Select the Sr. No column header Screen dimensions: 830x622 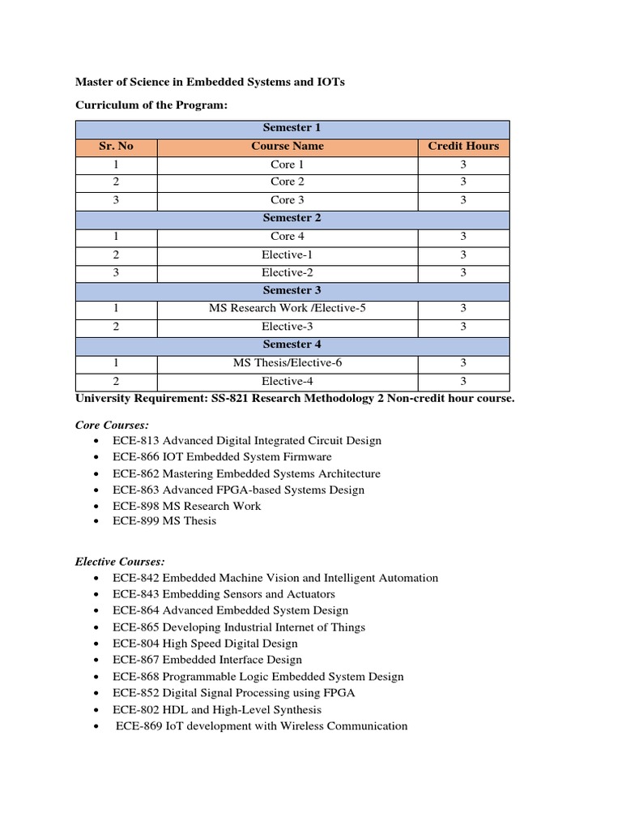point(116,146)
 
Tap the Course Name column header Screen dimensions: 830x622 point(288,146)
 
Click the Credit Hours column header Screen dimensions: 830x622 point(463,146)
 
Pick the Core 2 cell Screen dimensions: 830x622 point(288,182)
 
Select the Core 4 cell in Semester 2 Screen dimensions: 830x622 point(288,236)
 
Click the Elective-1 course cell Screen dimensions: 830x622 point(288,254)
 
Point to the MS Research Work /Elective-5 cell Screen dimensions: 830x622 point(288,308)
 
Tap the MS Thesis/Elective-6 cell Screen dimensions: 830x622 point(288,362)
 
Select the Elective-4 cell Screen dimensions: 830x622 point(288,380)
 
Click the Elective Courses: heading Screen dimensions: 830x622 point(120,561)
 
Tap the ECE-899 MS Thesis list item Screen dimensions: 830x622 point(164,521)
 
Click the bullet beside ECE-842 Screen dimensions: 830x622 point(96,578)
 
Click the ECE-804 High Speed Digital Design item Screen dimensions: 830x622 point(206,644)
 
